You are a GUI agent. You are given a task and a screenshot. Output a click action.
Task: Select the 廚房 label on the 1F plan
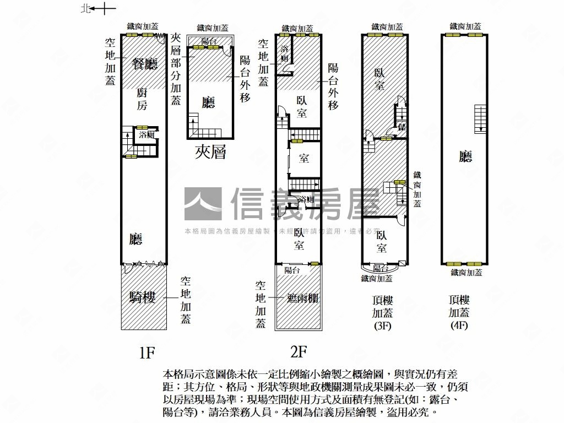click(142, 99)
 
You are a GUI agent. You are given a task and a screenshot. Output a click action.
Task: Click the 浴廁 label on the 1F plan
click(147, 134)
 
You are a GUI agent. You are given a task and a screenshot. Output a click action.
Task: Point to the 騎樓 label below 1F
click(142, 297)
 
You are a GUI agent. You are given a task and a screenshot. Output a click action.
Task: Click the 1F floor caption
click(147, 352)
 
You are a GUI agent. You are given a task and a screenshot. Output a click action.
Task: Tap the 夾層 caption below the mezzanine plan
click(210, 152)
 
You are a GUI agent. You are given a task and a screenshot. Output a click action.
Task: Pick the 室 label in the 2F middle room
click(304, 159)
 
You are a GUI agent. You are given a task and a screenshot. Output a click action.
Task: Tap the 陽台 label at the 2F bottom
click(292, 270)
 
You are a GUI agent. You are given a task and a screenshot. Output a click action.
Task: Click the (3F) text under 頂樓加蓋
click(382, 325)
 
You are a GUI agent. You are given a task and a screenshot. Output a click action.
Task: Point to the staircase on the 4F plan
click(481, 118)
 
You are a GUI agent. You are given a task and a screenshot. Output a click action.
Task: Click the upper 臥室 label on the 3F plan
click(379, 79)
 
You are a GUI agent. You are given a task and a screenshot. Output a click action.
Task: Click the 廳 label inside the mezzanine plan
click(208, 102)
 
